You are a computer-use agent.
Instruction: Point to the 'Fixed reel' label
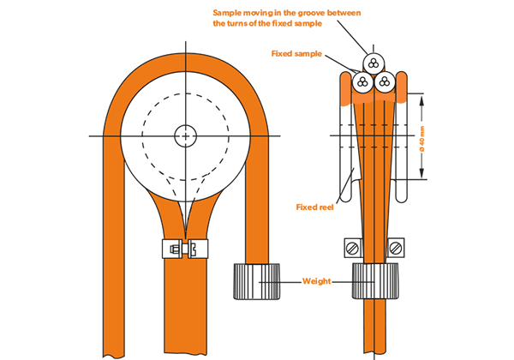pos(314,207)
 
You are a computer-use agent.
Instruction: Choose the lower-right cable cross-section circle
pos(385,83)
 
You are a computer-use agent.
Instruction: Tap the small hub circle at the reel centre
pos(185,135)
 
